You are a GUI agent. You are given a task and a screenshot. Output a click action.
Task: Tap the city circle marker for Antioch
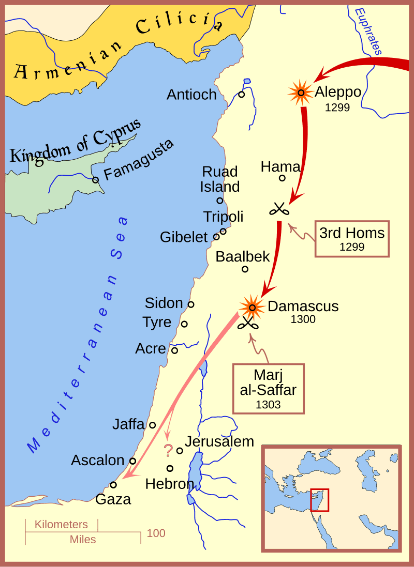coord(241,95)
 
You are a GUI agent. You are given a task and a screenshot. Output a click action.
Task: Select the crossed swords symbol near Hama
coord(279,209)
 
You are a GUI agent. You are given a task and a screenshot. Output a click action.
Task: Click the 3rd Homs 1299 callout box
coord(352,239)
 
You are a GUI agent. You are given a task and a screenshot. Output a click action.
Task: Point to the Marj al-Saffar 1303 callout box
coord(268,388)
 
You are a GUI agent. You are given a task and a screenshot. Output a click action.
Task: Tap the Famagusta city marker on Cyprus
coord(95,180)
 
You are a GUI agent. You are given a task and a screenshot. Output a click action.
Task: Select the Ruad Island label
coord(220,179)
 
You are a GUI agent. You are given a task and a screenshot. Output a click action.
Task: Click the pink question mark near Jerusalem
coord(168,451)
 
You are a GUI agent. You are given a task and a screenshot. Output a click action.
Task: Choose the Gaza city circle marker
coord(113,485)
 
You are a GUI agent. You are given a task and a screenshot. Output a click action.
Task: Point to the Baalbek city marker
coord(245,269)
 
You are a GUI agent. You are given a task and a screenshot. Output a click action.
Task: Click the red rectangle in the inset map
coord(319,500)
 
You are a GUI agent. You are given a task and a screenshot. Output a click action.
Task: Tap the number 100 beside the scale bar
coord(156,533)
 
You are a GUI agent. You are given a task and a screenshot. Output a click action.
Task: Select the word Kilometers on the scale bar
coord(61,525)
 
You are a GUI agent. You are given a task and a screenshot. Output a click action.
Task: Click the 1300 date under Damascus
coord(303,319)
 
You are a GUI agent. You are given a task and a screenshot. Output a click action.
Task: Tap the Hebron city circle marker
coord(170,468)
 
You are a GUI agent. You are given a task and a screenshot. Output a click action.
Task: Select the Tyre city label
coord(157,323)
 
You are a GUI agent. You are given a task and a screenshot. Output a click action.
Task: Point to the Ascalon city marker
coord(132,461)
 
